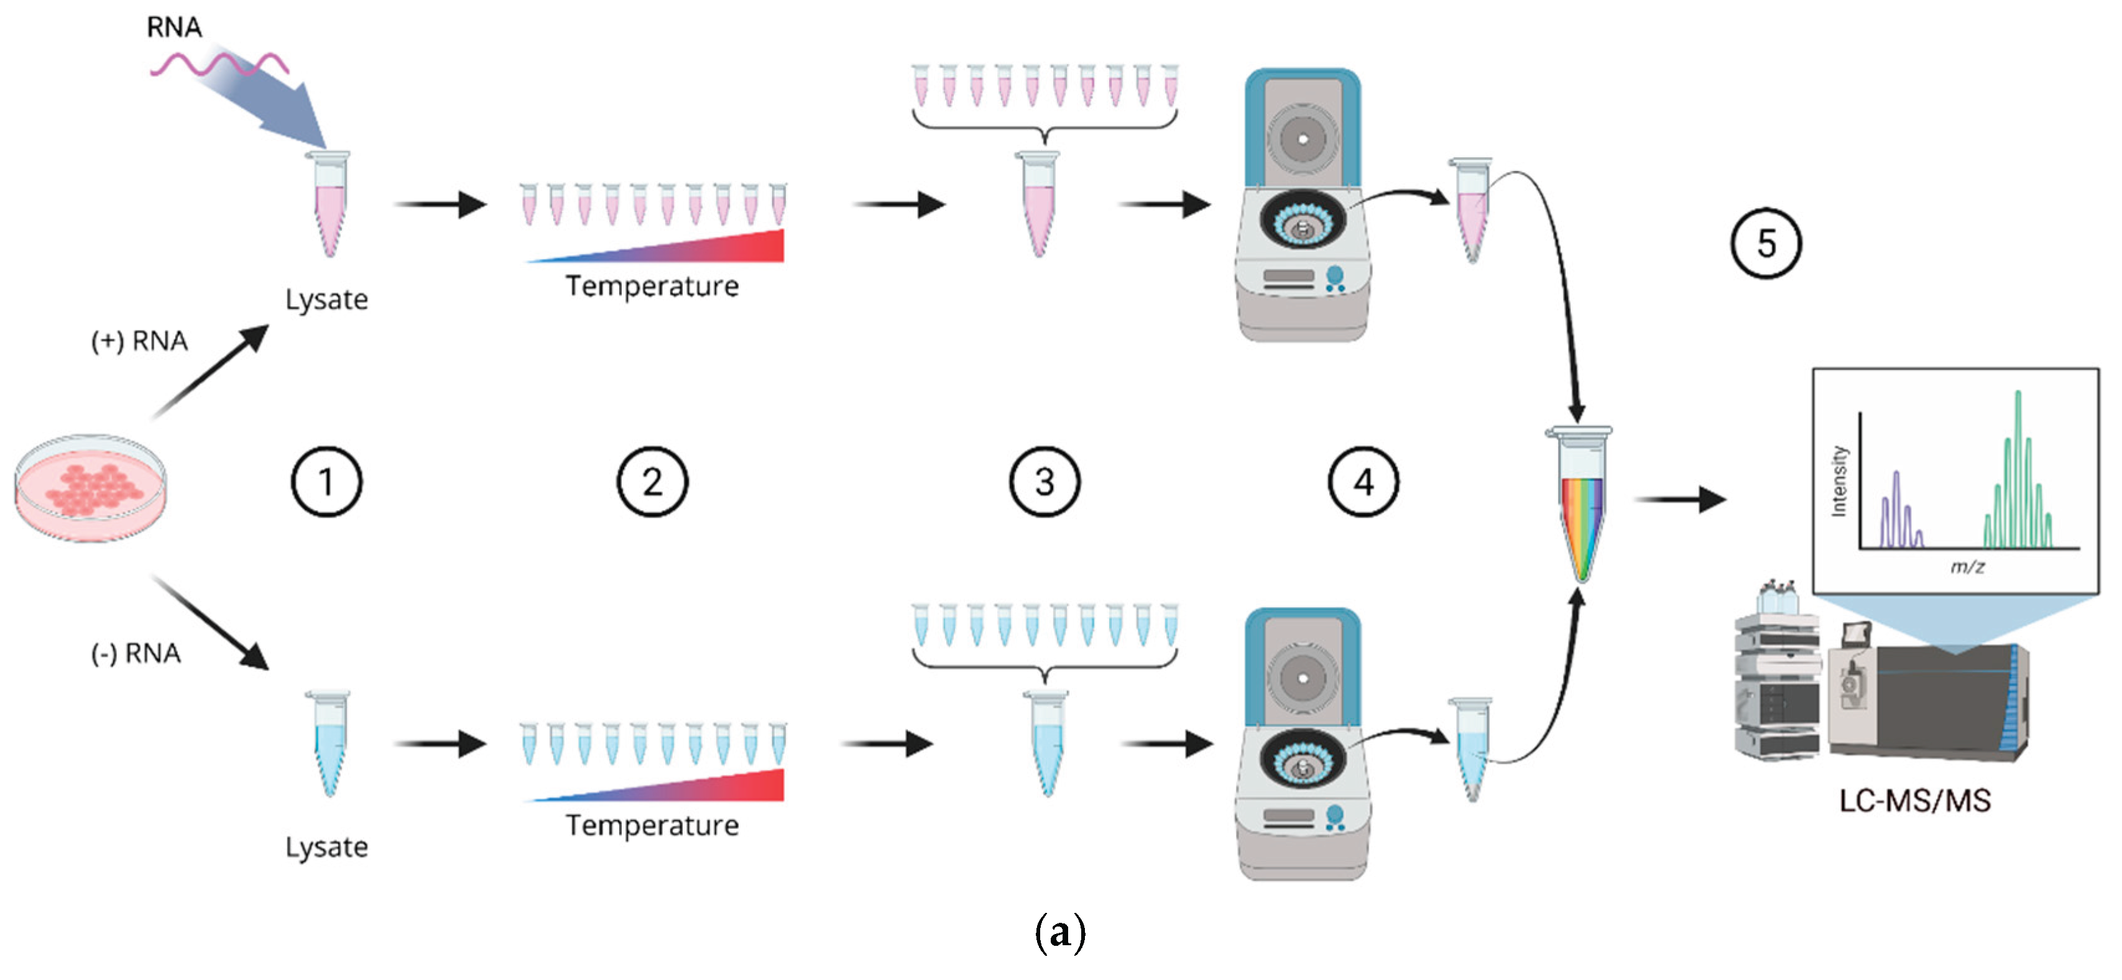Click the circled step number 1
[x=326, y=482]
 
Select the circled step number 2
[x=652, y=482]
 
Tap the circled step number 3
[x=1045, y=482]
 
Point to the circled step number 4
[x=1363, y=482]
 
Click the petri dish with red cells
[x=91, y=488]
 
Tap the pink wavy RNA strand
[x=219, y=64]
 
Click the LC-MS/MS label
[x=1915, y=800]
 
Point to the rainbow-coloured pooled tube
[x=1579, y=504]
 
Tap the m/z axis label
[x=1967, y=567]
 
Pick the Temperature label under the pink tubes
[x=652, y=286]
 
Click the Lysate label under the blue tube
[x=326, y=848]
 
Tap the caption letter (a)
[x=1060, y=933]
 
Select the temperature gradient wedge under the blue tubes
[x=655, y=785]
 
